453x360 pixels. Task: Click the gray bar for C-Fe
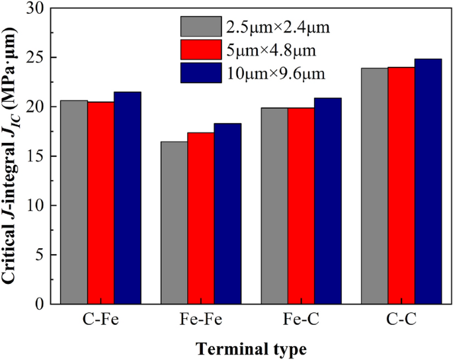pyautogui.click(x=74, y=202)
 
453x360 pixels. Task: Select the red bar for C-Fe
pyautogui.click(x=101, y=202)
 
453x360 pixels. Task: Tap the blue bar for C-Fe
pyautogui.click(x=127, y=198)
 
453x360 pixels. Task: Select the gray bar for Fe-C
pyautogui.click(x=274, y=206)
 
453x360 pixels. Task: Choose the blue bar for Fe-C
pyautogui.click(x=327, y=201)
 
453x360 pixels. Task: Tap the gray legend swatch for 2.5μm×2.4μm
pyautogui.click(x=200, y=27)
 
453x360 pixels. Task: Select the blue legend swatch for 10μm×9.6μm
pyautogui.click(x=200, y=71)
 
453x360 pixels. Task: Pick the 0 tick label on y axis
pyautogui.click(x=55, y=304)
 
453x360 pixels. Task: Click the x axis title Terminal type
pyautogui.click(x=251, y=348)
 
